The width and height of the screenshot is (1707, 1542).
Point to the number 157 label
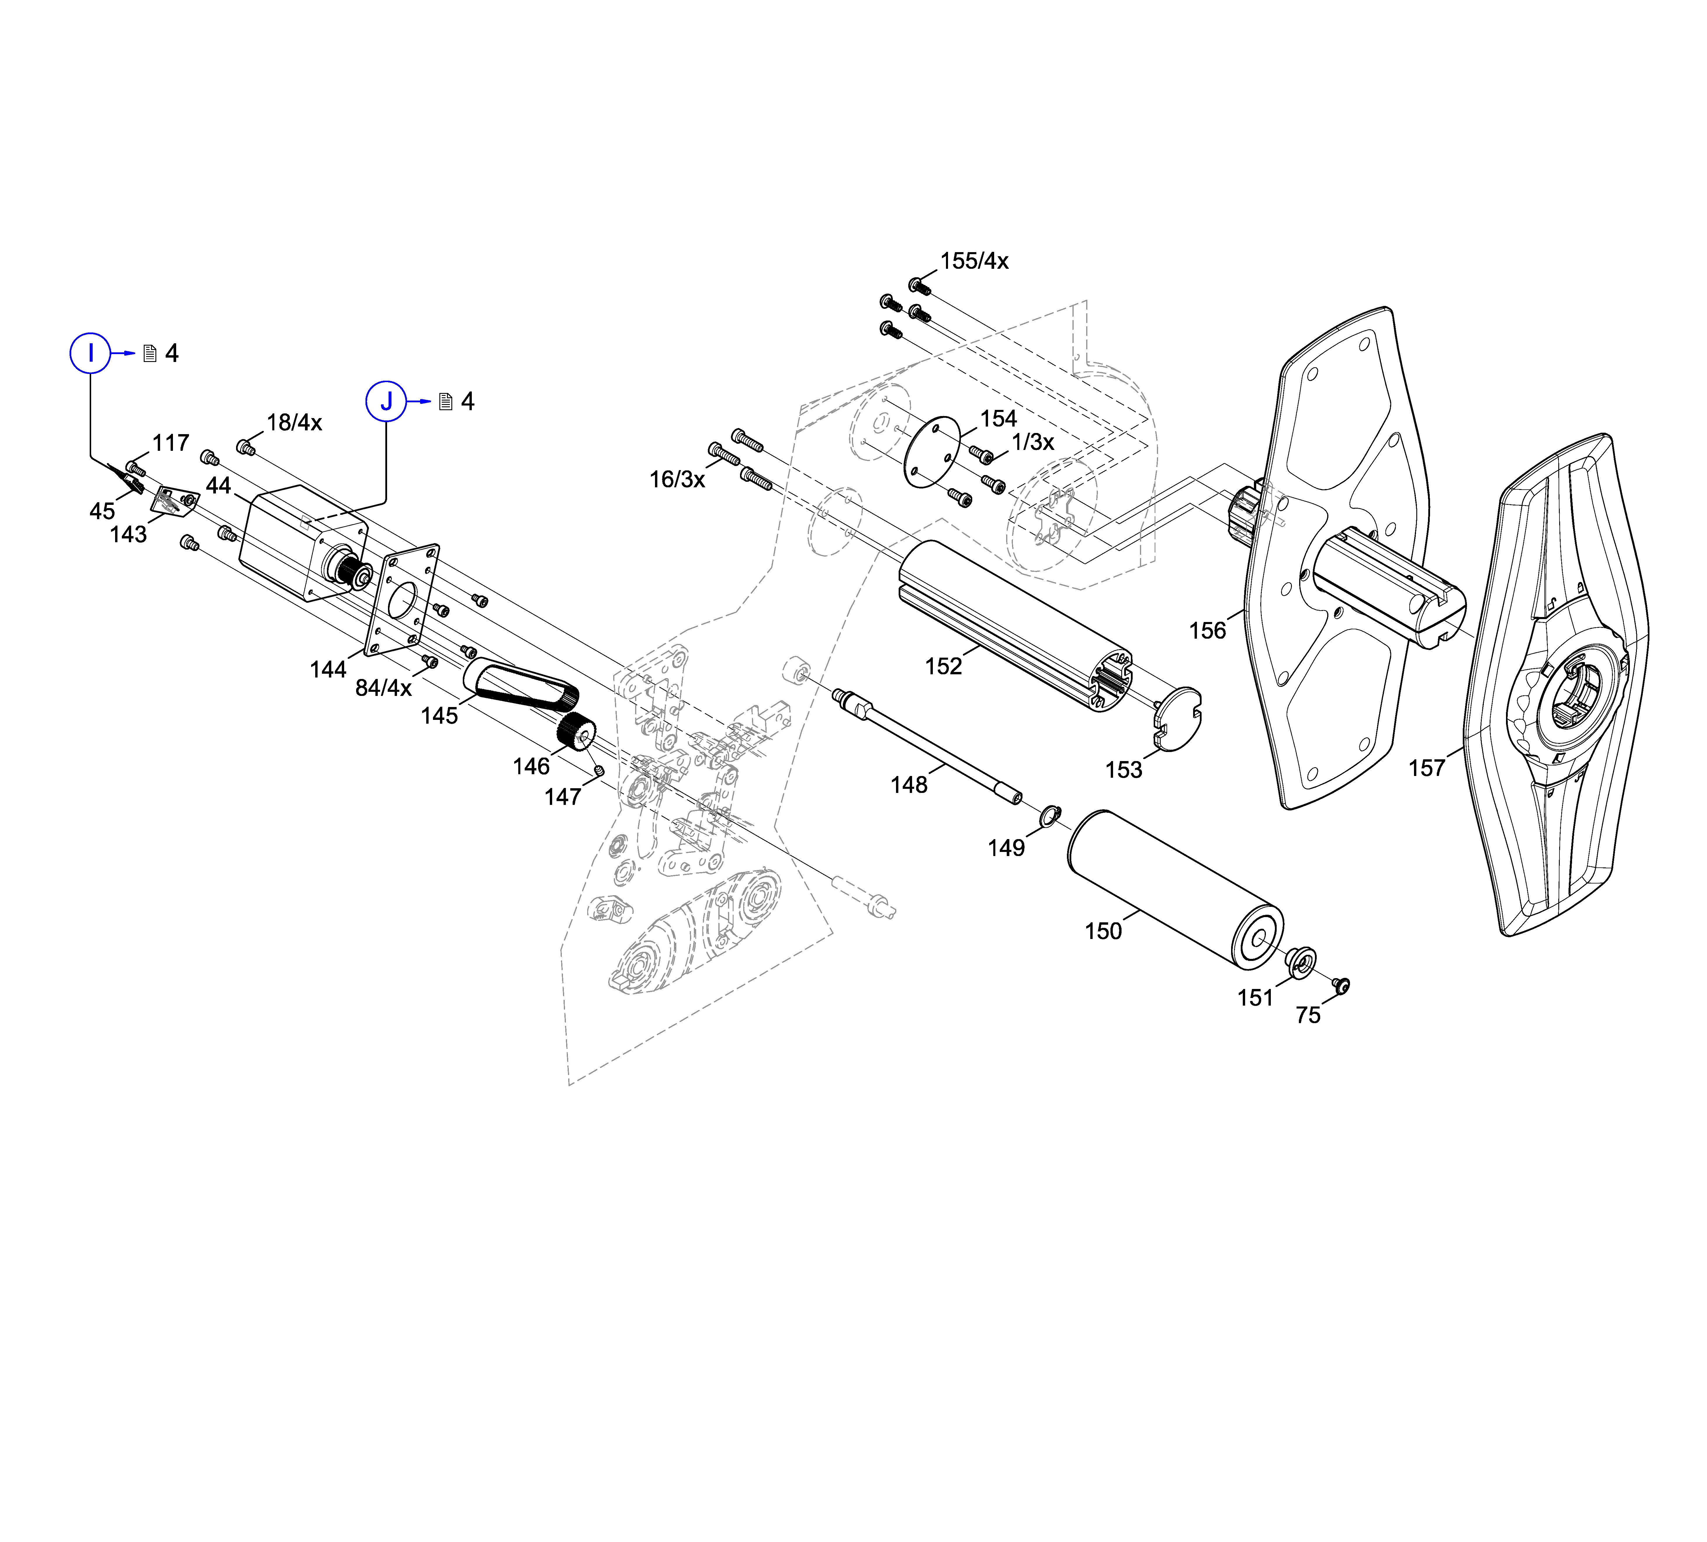pyautogui.click(x=1427, y=768)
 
